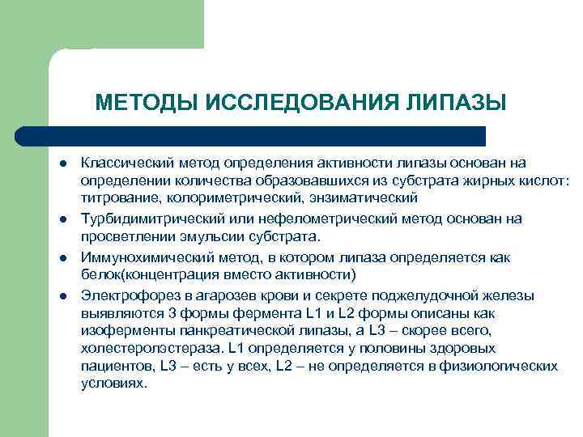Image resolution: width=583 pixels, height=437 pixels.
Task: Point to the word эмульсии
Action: click(x=202, y=236)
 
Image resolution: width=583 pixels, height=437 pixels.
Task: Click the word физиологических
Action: click(x=507, y=366)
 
